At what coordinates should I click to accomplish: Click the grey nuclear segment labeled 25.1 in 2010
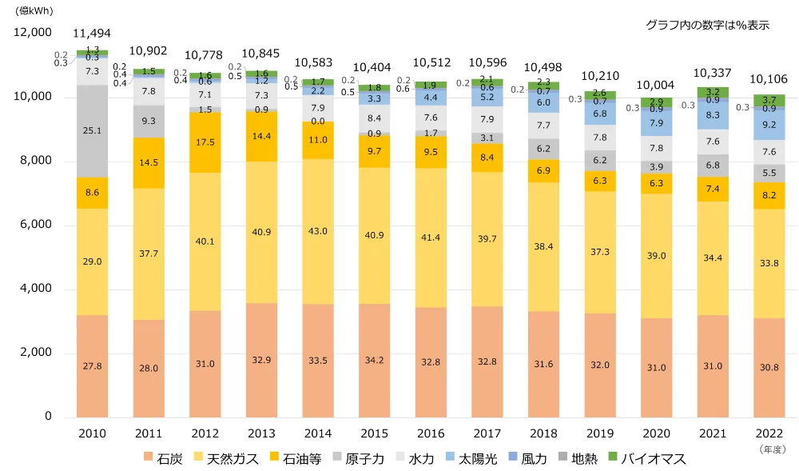click(93, 130)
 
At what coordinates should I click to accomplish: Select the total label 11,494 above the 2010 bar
click(93, 34)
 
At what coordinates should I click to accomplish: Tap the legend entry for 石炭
click(163, 459)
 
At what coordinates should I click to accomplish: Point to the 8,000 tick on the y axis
click(34, 161)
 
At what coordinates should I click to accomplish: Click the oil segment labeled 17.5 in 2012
click(205, 142)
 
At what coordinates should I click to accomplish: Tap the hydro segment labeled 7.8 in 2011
click(149, 92)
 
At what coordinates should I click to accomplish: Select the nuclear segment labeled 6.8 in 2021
click(712, 166)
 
